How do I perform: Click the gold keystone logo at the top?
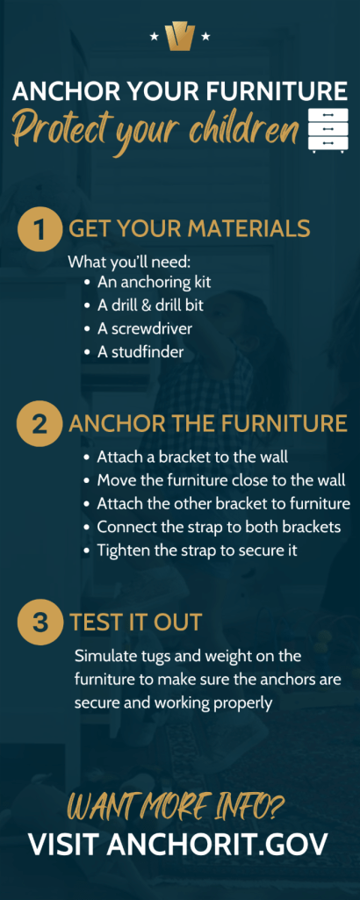[x=180, y=37]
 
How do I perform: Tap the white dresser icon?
[x=328, y=130]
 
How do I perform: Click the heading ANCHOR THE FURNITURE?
[x=208, y=424]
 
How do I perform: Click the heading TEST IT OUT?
[x=135, y=623]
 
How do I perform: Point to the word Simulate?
[x=102, y=656]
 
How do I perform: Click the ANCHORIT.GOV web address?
[x=218, y=844]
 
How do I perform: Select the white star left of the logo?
[x=154, y=37]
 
